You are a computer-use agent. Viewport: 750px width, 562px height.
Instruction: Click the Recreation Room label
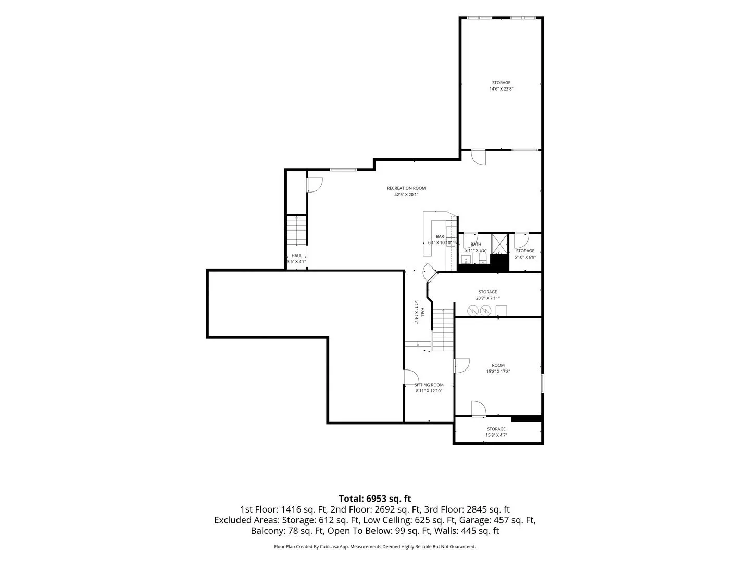coord(406,188)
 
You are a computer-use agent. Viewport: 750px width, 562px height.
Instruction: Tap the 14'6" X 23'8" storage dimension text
coord(501,88)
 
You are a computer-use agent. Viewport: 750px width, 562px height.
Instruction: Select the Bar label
coord(440,236)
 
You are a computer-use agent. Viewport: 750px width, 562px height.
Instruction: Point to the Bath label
coord(476,244)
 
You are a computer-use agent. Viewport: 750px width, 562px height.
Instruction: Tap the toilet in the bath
coord(482,258)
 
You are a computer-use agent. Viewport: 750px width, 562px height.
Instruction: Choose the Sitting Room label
coord(429,385)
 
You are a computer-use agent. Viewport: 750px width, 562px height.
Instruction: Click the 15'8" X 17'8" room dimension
coord(498,371)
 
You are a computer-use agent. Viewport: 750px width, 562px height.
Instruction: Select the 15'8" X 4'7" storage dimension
coord(496,435)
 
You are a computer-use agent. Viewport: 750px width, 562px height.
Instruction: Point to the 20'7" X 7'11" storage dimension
coord(488,298)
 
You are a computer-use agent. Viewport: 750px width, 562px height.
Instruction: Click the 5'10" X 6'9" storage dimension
coord(525,257)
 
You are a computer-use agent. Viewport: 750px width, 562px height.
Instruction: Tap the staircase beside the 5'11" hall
coord(443,329)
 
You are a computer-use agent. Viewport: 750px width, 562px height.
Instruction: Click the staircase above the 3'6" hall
coord(296,230)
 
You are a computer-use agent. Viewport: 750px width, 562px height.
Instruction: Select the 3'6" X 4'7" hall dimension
coord(296,261)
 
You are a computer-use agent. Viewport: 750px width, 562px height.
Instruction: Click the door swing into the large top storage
coord(478,158)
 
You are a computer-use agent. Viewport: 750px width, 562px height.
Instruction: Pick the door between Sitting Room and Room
coord(461,365)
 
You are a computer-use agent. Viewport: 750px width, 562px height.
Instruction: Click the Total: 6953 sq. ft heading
coord(375,499)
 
